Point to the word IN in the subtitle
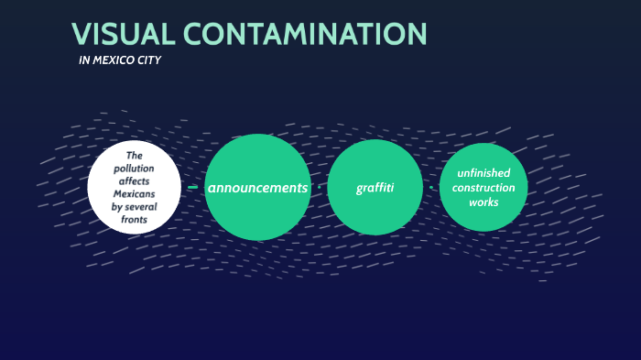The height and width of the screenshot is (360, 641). pyautogui.click(x=85, y=61)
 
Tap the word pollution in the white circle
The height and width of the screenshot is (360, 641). pyautogui.click(x=134, y=169)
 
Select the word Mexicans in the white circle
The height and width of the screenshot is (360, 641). pyautogui.click(x=134, y=194)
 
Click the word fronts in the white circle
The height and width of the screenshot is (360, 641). pyautogui.click(x=134, y=220)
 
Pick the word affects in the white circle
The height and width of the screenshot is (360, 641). pyautogui.click(x=134, y=181)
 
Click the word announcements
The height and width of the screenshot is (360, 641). pyautogui.click(x=257, y=187)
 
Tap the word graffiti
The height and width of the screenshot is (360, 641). pyautogui.click(x=375, y=188)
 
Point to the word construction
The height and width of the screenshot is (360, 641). pyautogui.click(x=483, y=188)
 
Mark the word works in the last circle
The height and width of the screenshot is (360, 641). pyautogui.click(x=483, y=202)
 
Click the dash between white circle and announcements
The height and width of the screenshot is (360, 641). pyautogui.click(x=192, y=187)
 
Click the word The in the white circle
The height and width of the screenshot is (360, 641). pyautogui.click(x=134, y=156)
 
